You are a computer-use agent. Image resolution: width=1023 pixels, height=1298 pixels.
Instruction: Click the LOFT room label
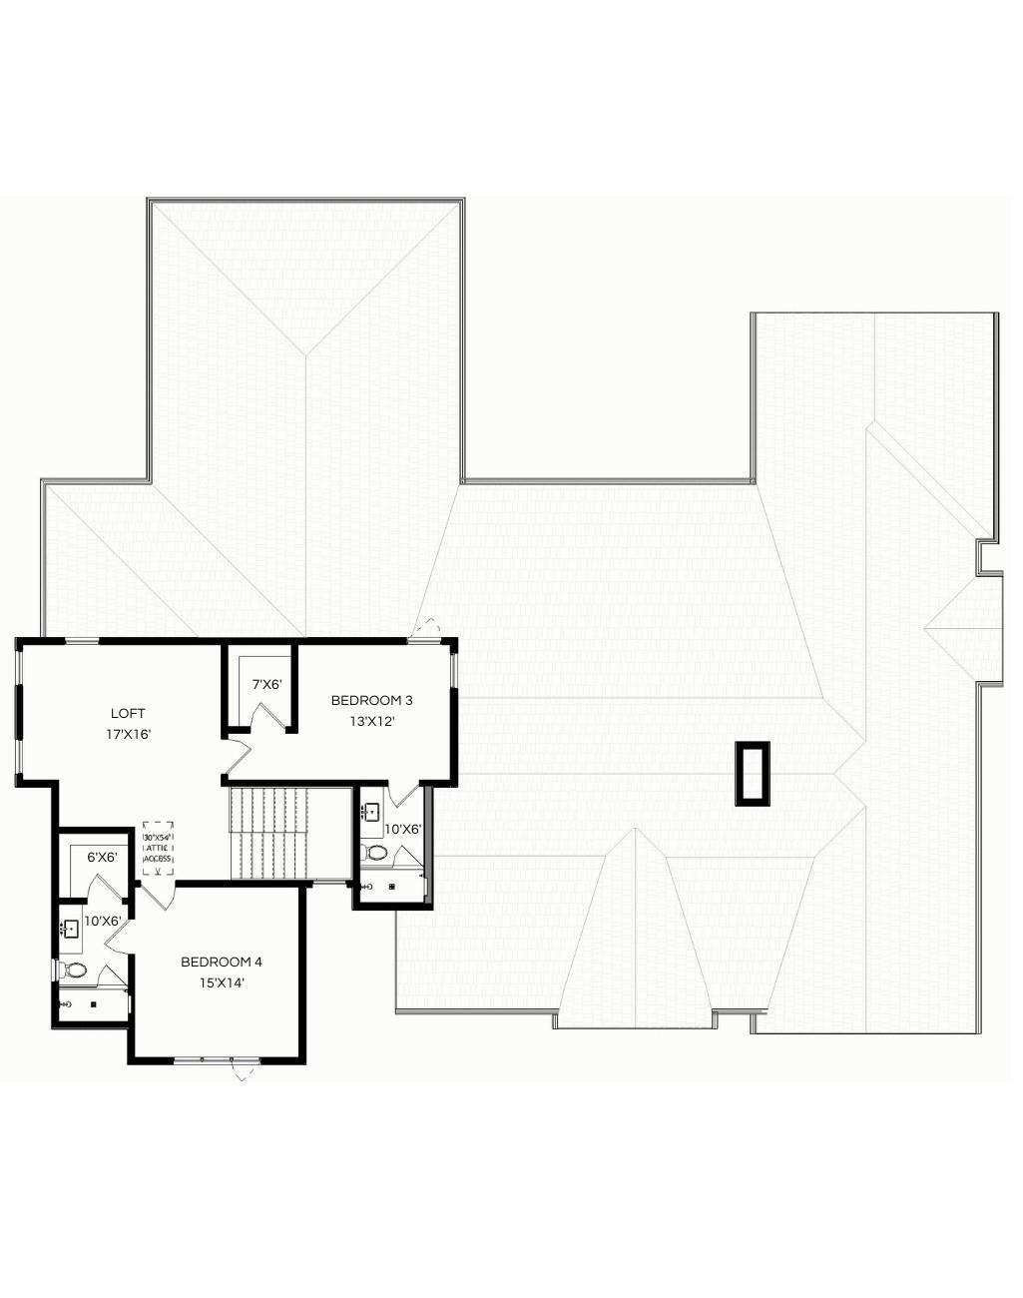[128, 713]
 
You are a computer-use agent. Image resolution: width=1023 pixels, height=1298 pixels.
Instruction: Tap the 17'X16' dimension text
[128, 734]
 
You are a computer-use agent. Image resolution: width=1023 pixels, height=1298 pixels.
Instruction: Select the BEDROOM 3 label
[371, 700]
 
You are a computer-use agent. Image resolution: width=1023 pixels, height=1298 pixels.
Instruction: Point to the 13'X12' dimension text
[371, 721]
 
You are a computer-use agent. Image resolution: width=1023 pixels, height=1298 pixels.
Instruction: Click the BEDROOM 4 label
[222, 962]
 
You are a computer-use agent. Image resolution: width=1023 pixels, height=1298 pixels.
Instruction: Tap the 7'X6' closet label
[266, 685]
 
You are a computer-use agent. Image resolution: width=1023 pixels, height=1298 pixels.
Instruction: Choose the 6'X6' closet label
[102, 857]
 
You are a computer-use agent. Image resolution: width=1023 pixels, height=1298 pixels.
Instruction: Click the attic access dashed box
[159, 849]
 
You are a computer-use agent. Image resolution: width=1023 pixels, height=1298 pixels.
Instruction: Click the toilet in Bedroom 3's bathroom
[375, 853]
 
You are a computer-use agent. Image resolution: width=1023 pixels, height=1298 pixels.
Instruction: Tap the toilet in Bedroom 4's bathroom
[75, 970]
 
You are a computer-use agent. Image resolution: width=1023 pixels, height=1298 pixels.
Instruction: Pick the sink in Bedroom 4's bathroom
[70, 929]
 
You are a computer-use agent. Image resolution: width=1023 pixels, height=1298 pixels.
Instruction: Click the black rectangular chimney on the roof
[753, 774]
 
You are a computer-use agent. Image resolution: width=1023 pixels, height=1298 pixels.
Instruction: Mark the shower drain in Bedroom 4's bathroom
[93, 1004]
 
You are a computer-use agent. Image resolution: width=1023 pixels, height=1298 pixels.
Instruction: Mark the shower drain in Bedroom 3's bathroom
[392, 886]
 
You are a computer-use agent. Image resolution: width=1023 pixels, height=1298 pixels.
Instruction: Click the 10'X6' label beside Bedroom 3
[403, 829]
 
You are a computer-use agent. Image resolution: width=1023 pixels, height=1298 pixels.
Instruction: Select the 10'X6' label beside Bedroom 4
[103, 921]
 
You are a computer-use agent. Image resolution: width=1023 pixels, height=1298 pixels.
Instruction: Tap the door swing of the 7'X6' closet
[266, 716]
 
